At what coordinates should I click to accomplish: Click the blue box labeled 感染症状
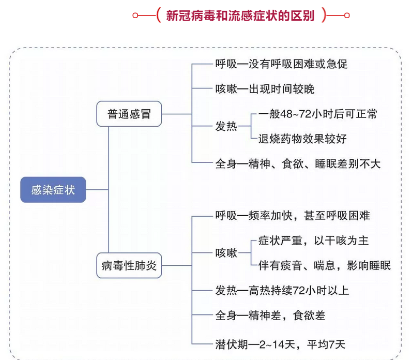click(x=53, y=190)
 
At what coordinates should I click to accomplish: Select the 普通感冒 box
click(x=129, y=114)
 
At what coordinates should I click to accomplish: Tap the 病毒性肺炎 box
click(x=129, y=266)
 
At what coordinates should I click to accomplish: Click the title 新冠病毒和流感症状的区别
click(x=240, y=16)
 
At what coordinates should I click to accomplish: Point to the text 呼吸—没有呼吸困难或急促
click(x=281, y=65)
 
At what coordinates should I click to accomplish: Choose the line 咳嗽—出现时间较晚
click(x=265, y=89)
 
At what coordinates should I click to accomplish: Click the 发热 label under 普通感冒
click(x=226, y=126)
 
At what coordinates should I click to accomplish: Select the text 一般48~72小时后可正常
click(x=317, y=114)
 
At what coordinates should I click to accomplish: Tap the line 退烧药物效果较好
click(x=302, y=139)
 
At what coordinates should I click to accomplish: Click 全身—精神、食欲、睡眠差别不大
click(x=298, y=163)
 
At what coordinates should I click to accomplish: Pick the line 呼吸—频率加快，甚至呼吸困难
click(x=293, y=215)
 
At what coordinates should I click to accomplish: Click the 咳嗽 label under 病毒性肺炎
click(x=226, y=253)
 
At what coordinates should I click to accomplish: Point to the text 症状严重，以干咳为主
click(x=313, y=241)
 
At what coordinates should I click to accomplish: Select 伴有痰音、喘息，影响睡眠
click(x=324, y=266)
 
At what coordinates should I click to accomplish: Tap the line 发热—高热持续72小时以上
click(x=282, y=291)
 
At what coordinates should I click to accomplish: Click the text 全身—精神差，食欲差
click(x=270, y=315)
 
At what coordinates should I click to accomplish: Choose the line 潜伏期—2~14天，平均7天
click(x=280, y=343)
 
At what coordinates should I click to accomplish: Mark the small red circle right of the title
click(x=346, y=16)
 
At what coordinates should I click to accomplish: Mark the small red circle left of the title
click(x=135, y=16)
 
